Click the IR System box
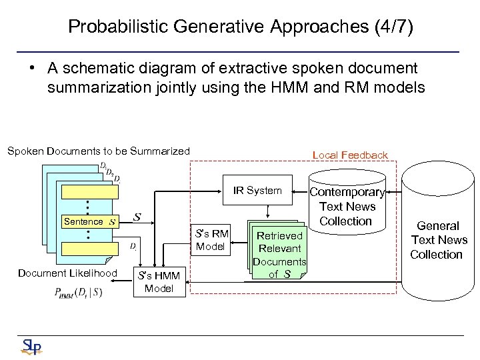[257, 191]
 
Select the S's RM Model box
[211, 240]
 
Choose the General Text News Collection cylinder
[437, 240]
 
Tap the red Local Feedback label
[350, 155]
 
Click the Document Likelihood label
[67, 273]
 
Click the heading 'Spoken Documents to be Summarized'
[99, 151]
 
